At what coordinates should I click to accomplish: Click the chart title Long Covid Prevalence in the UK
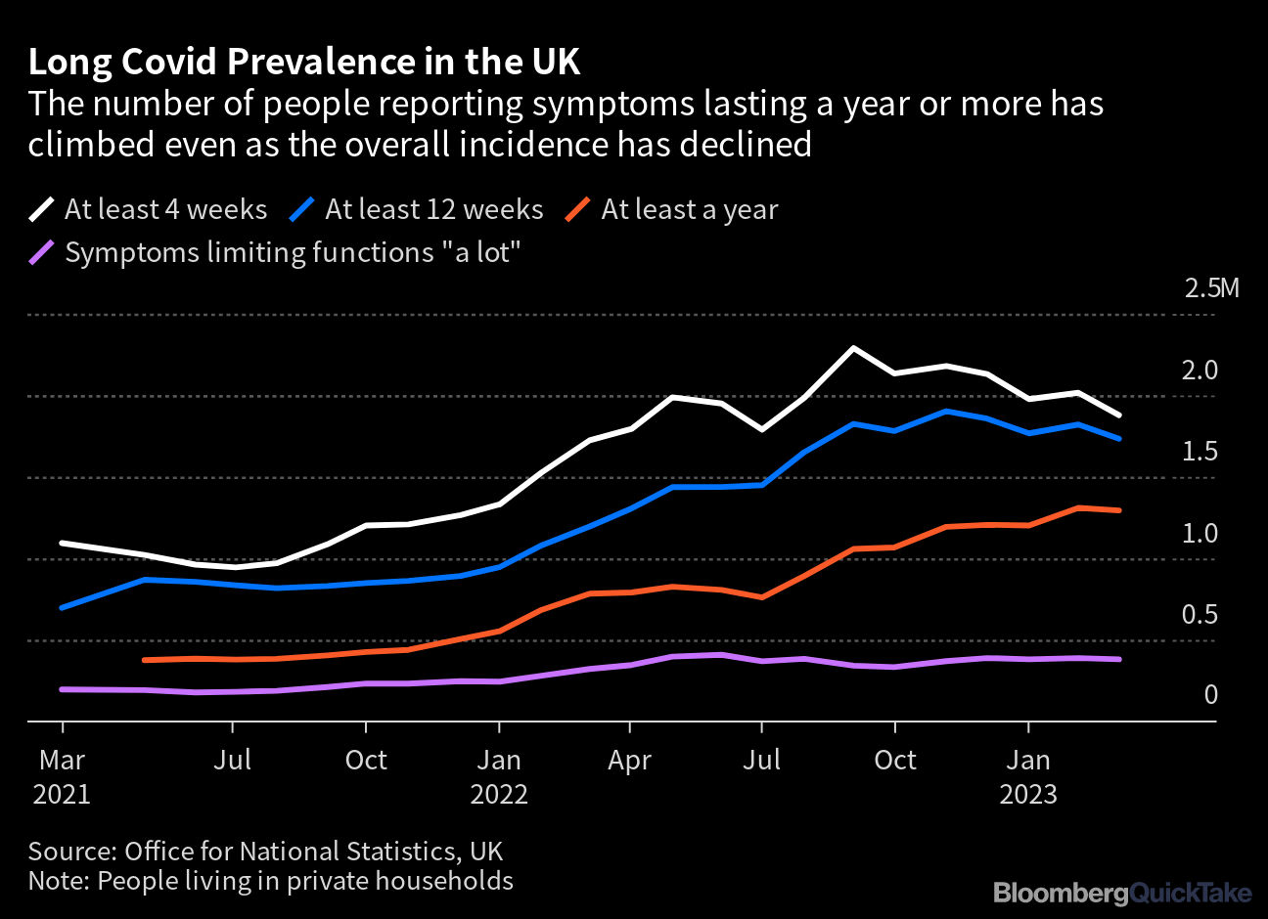tap(303, 62)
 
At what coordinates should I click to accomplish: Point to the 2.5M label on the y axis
tap(1211, 288)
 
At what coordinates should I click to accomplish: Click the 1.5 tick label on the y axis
tap(1200, 452)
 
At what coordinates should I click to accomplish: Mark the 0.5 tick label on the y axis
tap(1200, 615)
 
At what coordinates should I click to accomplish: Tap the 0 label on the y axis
tap(1210, 695)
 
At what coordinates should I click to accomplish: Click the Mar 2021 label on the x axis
tap(63, 776)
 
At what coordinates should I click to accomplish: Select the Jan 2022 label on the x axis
tap(499, 776)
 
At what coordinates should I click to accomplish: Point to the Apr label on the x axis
tap(629, 761)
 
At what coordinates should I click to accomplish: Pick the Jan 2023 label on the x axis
tap(1028, 776)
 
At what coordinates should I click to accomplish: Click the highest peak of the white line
tap(853, 348)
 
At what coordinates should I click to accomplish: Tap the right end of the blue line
tap(1119, 439)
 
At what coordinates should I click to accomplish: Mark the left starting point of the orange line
tap(145, 661)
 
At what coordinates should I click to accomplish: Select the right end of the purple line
tap(1119, 659)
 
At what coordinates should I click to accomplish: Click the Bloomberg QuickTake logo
tap(1122, 893)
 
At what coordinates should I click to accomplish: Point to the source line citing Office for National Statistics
tap(265, 851)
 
